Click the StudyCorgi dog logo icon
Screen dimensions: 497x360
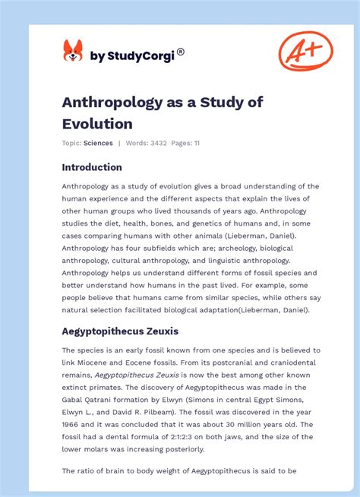pyautogui.click(x=73, y=52)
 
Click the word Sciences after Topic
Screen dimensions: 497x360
pyautogui.click(x=99, y=143)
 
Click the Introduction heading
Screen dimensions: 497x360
pyautogui.click(x=92, y=167)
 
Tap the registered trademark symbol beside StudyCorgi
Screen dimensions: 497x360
pyautogui.click(x=181, y=52)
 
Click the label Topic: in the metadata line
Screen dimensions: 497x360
pyautogui.click(x=72, y=143)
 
